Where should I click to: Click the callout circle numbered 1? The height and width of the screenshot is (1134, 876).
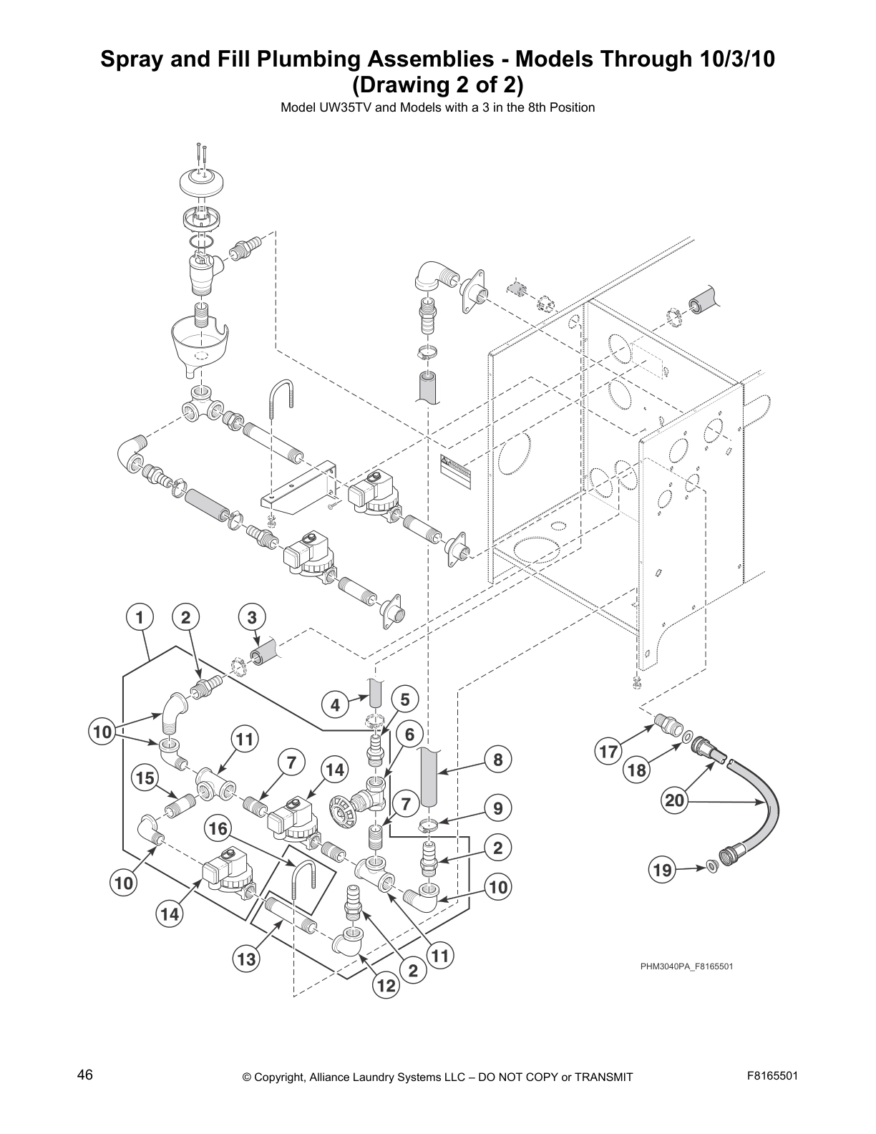pos(140,617)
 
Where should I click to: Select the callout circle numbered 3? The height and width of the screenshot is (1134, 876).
pos(251,617)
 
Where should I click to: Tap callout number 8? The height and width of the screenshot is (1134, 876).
pos(498,760)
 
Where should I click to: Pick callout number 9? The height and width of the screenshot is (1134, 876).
pos(498,809)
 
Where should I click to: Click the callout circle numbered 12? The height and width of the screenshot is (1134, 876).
pos(386,986)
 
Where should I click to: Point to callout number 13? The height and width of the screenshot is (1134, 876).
pos(247,959)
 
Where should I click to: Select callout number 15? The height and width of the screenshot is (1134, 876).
pos(145,778)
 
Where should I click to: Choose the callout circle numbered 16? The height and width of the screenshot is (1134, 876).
pos(218,829)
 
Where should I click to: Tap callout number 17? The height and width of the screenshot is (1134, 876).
pos(608,752)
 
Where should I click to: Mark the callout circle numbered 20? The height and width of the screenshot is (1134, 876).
pos(675,800)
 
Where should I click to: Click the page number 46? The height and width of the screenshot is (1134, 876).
pos(85,1075)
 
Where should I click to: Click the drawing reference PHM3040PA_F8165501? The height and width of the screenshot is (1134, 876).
pos(686,966)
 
